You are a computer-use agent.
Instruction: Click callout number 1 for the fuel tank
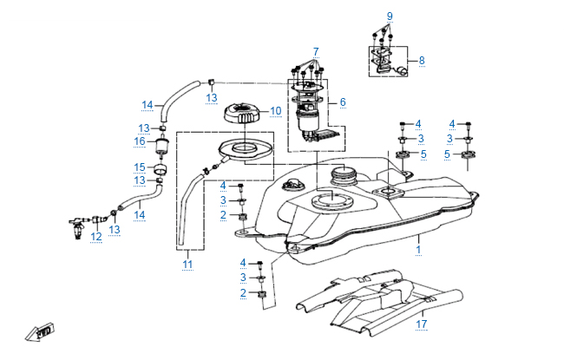[418, 249]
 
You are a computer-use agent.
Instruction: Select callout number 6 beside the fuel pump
[343, 102]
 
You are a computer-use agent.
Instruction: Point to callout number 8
[422, 61]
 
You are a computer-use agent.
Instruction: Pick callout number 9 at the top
[390, 16]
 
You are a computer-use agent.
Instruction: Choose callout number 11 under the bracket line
[187, 264]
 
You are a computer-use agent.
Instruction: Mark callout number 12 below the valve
[96, 237]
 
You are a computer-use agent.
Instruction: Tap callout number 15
[139, 167]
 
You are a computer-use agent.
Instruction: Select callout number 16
[139, 141]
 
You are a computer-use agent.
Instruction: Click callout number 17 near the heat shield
[422, 324]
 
